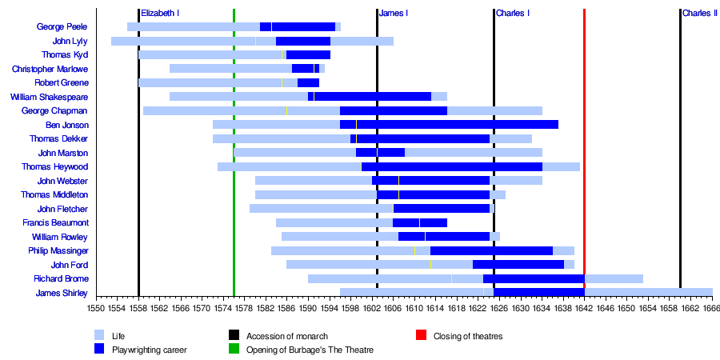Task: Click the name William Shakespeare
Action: (50, 97)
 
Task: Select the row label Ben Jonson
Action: (67, 125)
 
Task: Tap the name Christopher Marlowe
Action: (50, 69)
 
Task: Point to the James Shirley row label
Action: (62, 293)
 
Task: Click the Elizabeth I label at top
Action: (160, 14)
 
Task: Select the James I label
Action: (394, 14)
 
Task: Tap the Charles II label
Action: (699, 14)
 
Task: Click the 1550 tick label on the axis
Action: (96, 307)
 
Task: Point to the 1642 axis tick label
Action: (584, 307)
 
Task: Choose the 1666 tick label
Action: (711, 307)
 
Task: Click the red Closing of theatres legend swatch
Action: (421, 336)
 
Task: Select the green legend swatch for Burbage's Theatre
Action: (234, 349)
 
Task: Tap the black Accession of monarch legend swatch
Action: (234, 336)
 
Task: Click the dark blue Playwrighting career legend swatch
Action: (99, 349)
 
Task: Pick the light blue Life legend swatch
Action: (99, 336)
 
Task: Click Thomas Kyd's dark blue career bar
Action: (308, 54)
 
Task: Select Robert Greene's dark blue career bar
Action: (309, 82)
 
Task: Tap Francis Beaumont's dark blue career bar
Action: (420, 222)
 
